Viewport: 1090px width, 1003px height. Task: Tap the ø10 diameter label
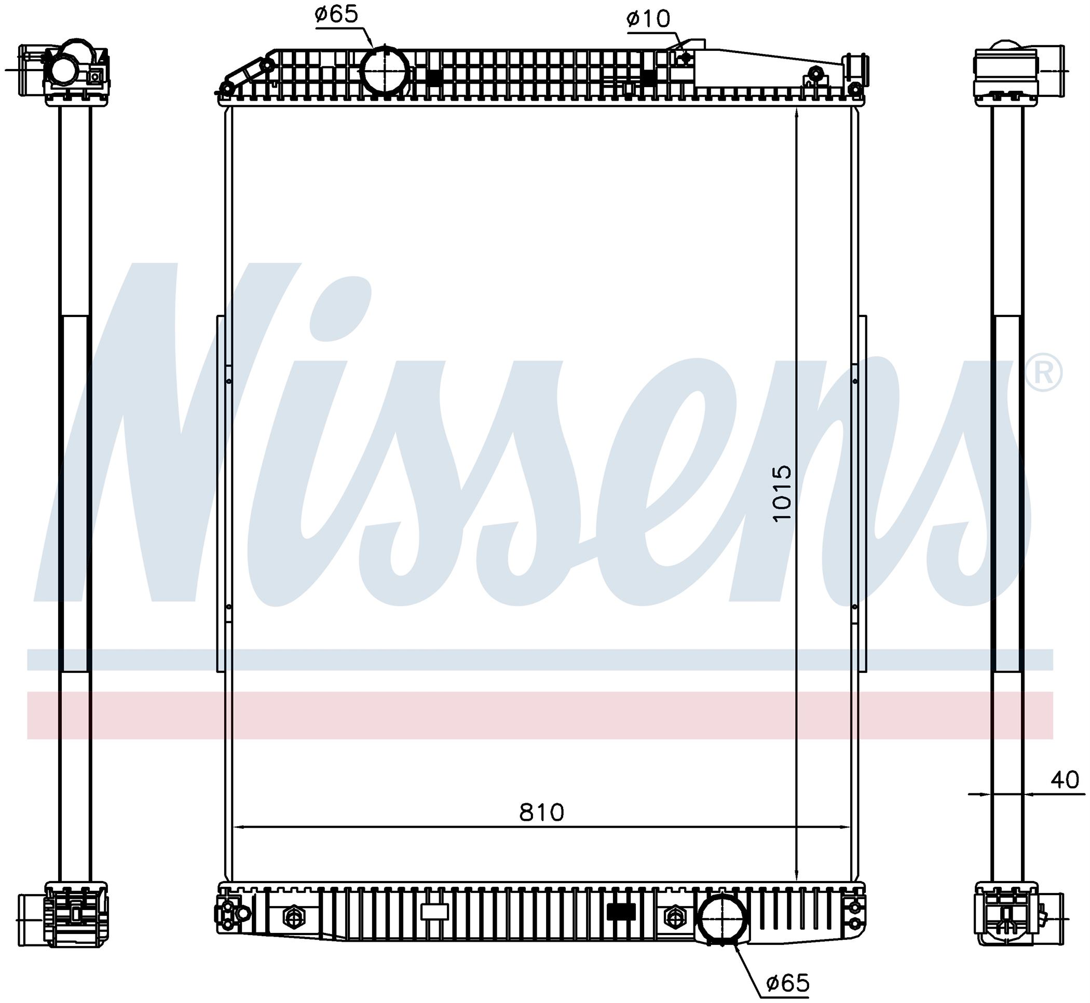649,19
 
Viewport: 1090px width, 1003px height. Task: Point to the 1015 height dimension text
782,494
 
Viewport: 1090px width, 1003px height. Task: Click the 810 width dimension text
542,813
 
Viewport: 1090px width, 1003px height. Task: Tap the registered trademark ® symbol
1044,373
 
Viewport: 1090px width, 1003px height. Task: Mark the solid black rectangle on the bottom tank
621,912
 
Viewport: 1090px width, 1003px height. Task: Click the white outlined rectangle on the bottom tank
434,912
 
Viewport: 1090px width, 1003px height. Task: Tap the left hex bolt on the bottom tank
294,917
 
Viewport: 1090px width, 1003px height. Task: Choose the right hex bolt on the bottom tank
673,917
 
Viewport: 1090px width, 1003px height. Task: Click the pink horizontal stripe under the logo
540,716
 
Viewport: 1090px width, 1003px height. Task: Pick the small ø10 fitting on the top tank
686,57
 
